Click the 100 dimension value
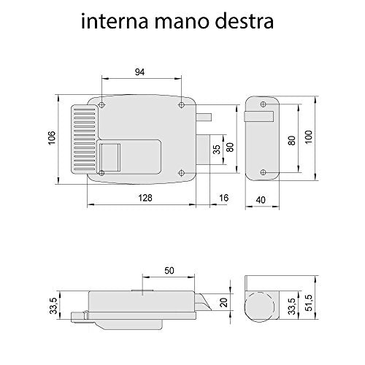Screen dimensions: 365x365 (x=309, y=137)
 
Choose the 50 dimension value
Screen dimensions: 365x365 (x=169, y=270)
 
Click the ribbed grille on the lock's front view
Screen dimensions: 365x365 (x=82, y=139)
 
